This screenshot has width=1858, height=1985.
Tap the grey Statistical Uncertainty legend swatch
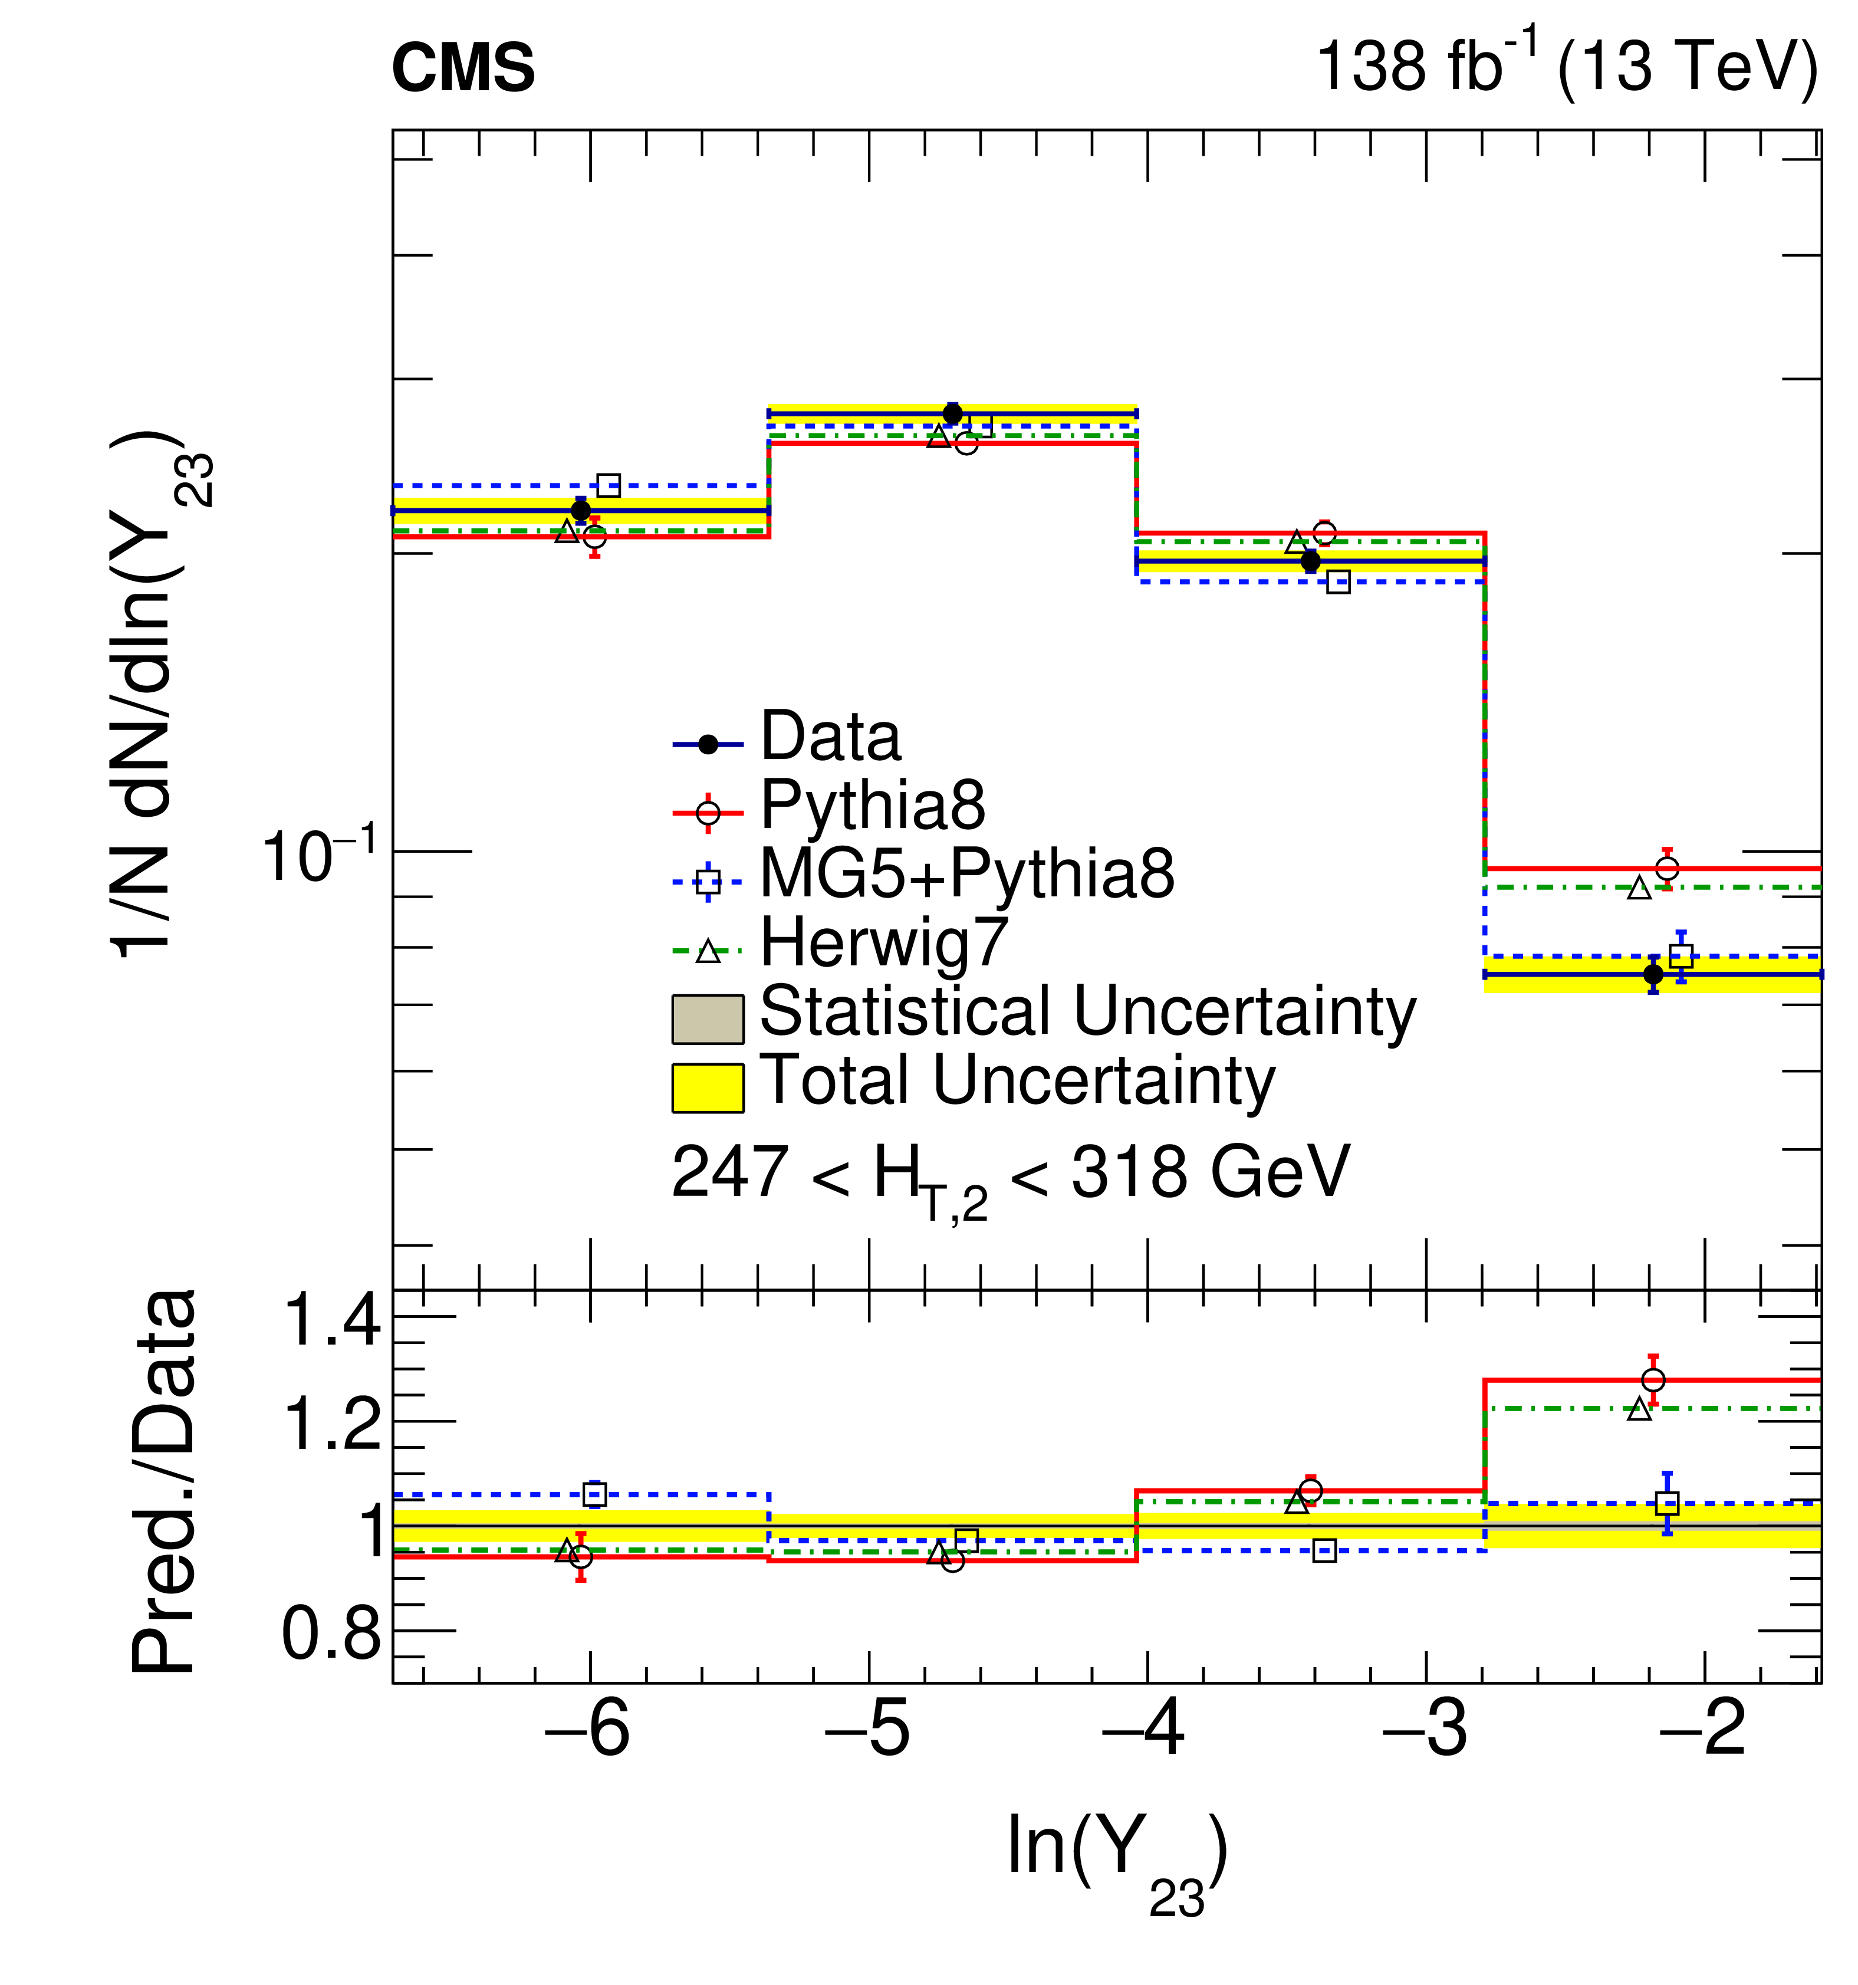coord(707,1018)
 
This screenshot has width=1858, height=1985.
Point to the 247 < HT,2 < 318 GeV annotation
coord(1009,1174)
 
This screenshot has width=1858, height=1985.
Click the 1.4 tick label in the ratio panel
coord(333,1319)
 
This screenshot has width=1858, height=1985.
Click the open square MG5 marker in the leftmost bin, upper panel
coord(608,485)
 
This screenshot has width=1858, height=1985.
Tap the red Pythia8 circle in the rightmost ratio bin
coord(1653,1380)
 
